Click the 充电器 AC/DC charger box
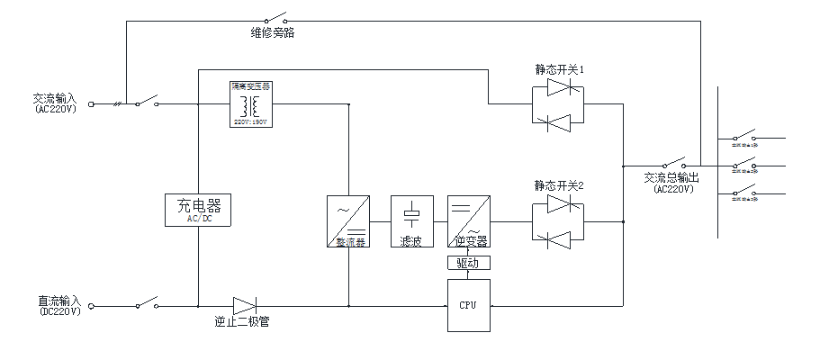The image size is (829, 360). (x=197, y=210)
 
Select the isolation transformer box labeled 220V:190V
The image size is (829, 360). (x=251, y=103)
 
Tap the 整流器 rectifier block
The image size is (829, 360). (x=347, y=221)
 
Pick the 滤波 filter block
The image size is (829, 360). (x=411, y=221)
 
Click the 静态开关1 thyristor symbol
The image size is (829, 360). (x=558, y=103)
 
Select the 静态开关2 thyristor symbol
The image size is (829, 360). (x=558, y=220)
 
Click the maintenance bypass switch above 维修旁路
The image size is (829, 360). (x=274, y=18)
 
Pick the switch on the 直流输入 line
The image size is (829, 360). (x=147, y=303)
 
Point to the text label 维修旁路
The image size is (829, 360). (x=273, y=32)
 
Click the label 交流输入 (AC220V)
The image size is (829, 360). (x=57, y=103)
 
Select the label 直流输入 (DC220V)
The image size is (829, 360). (x=59, y=306)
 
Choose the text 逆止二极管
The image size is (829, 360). (x=241, y=321)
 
